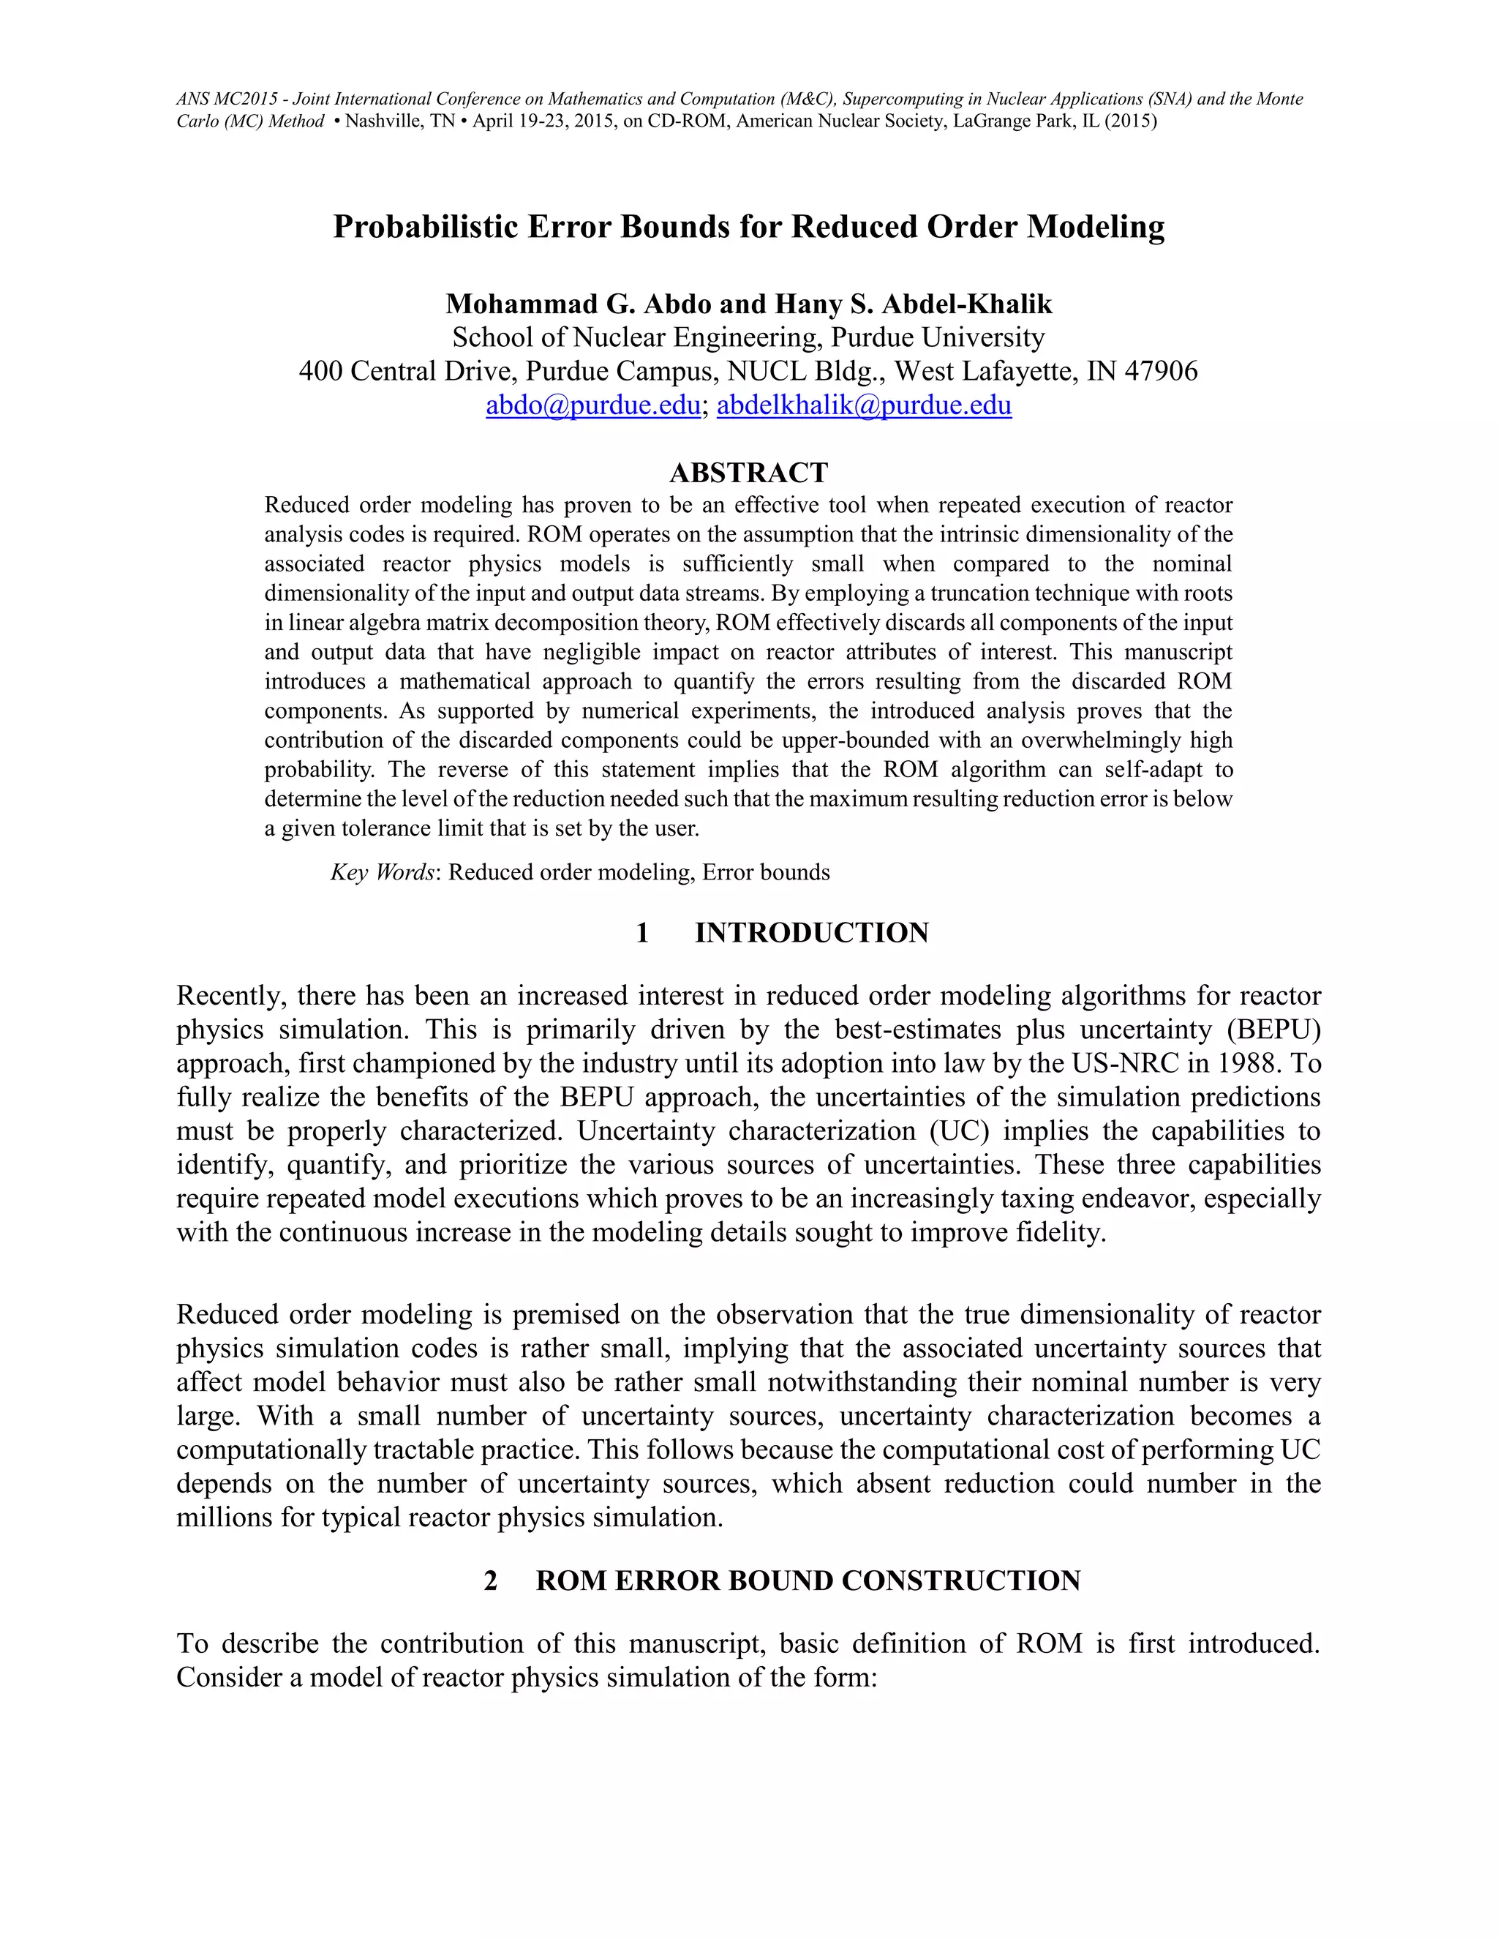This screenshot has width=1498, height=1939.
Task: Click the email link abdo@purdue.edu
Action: tap(592, 406)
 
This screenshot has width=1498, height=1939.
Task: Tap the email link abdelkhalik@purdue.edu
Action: tap(864, 406)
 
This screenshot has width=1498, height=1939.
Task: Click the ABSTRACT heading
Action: tap(748, 473)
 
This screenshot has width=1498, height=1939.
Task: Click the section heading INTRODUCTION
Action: tap(811, 932)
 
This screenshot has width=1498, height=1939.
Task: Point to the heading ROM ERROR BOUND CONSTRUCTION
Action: tap(808, 1580)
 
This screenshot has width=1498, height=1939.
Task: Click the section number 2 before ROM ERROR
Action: tap(490, 1580)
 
